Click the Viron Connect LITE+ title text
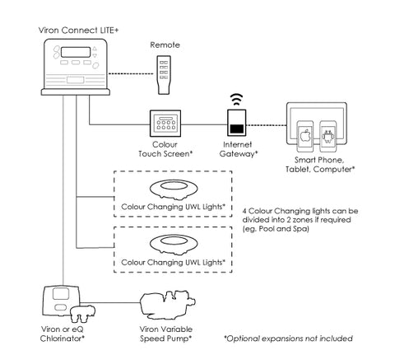point(78,30)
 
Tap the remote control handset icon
point(164,75)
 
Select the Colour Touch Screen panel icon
point(165,124)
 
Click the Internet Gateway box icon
point(237,123)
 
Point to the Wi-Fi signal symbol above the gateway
point(236,100)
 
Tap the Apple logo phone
point(305,136)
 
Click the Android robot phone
point(328,136)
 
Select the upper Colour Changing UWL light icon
point(174,189)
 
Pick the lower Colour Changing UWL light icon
point(174,244)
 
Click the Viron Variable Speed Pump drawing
point(168,306)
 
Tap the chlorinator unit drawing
point(68,304)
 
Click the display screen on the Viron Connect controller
point(76,52)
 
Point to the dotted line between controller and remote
point(131,73)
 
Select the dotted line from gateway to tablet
point(267,125)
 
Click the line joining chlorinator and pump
point(110,303)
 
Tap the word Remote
point(165,44)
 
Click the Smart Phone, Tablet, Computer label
point(320,165)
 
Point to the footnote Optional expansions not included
point(288,339)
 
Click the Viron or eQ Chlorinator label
point(63,334)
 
